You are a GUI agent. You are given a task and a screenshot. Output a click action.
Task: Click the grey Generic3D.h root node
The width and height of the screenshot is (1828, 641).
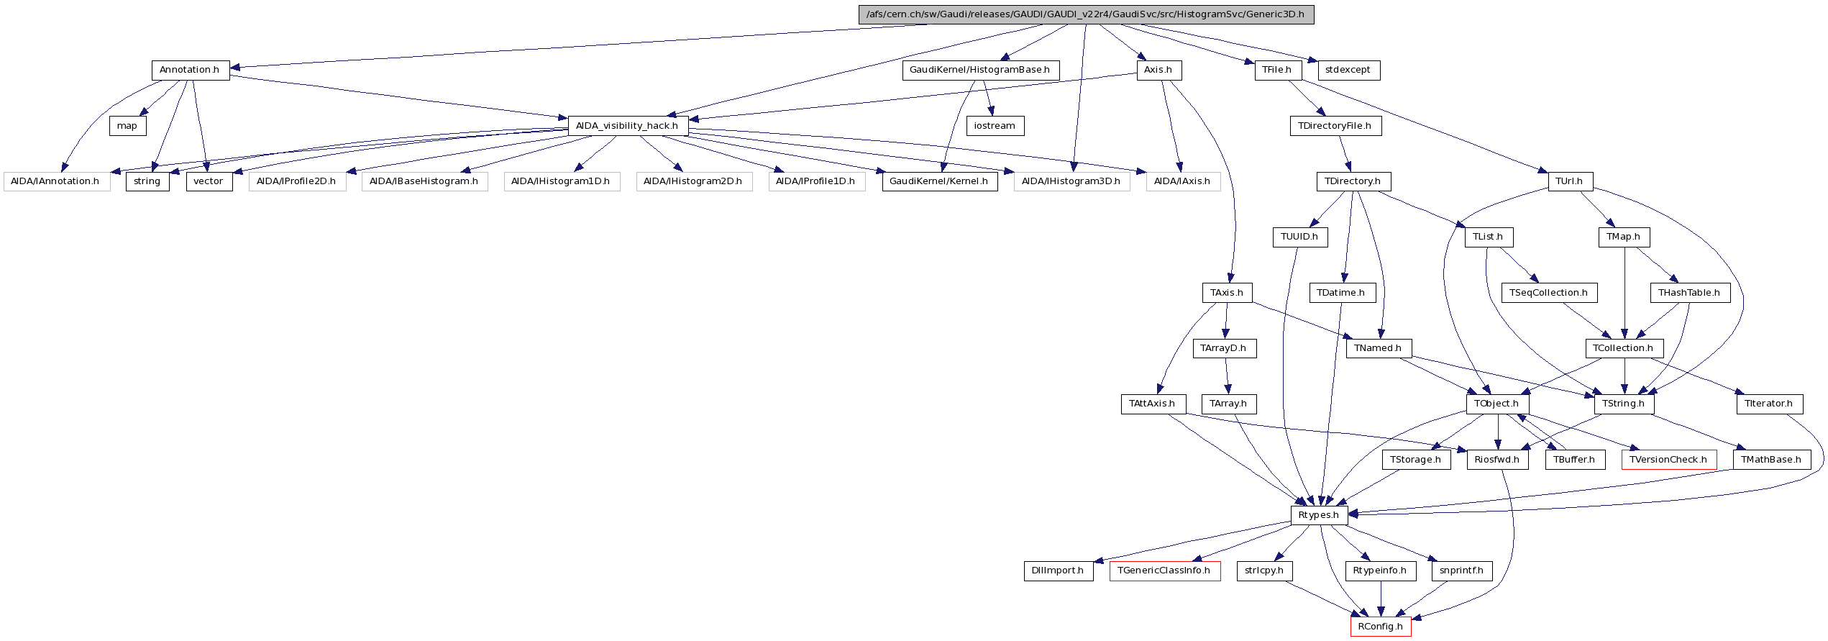(x=1086, y=14)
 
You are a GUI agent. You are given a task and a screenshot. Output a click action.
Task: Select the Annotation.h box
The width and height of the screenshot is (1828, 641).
(x=190, y=70)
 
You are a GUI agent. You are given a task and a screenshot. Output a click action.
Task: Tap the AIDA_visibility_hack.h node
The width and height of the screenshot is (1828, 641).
(x=627, y=126)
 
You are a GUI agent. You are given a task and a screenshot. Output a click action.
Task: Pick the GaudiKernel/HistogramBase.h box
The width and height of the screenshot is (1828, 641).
(x=980, y=70)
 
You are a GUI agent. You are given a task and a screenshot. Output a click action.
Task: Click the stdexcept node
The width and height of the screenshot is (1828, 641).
(x=1348, y=70)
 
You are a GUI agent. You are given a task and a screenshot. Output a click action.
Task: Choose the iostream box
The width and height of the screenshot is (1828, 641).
(x=995, y=126)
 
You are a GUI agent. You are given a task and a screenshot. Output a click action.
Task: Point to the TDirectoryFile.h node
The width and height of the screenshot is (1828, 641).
(x=1335, y=126)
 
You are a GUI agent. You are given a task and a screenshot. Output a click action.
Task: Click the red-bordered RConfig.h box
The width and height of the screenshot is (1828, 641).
(x=1380, y=627)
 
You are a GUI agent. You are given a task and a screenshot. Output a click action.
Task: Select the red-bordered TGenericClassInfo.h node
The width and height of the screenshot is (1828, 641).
(x=1164, y=570)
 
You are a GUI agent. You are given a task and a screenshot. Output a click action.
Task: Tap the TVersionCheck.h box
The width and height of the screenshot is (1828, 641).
(x=1668, y=460)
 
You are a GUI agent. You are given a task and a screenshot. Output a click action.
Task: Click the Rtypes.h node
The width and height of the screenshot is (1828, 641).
(x=1318, y=515)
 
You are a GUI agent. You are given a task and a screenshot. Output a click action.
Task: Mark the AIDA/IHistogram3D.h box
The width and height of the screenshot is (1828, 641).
(x=1071, y=181)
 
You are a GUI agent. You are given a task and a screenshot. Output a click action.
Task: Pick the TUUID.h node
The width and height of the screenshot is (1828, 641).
(x=1299, y=237)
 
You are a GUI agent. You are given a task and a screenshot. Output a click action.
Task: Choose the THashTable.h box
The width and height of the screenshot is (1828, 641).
(x=1689, y=293)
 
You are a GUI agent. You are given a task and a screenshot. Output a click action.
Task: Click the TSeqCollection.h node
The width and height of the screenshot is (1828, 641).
(x=1549, y=293)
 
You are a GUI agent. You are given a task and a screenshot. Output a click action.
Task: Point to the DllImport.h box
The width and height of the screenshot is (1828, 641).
(x=1058, y=570)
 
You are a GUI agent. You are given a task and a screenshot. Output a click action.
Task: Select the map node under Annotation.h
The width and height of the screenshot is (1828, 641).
(x=127, y=126)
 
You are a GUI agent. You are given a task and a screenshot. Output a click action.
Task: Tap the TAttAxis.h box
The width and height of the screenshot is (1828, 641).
(x=1152, y=404)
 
